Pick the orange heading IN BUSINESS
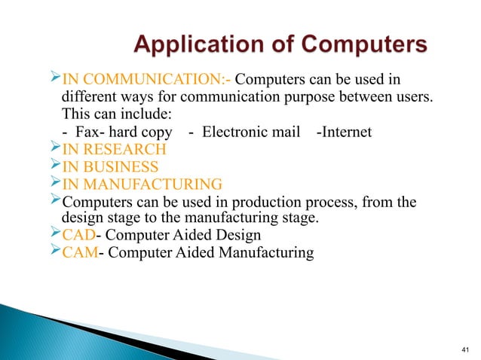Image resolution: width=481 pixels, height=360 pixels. [111, 166]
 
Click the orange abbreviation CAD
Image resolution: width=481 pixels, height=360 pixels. [77, 235]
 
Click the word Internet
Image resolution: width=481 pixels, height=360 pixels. [348, 133]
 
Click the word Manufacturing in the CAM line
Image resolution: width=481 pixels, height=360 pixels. [267, 252]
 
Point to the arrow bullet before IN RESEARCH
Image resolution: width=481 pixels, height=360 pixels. [53, 149]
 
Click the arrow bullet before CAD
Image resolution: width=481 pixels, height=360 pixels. [53, 234]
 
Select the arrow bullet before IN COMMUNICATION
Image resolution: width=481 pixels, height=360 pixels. [53, 81]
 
